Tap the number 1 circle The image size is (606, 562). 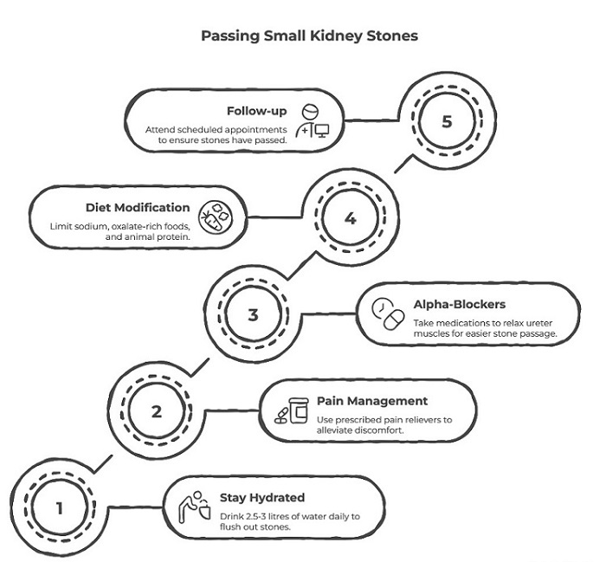point(60,508)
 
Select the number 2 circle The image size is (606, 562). point(156,411)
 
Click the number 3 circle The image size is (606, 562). point(253,314)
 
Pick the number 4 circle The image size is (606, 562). point(350,218)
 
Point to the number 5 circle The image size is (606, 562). point(446,121)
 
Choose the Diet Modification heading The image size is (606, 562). point(138,208)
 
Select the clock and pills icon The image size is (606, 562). point(386,314)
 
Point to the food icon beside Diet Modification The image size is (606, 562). point(216,218)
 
